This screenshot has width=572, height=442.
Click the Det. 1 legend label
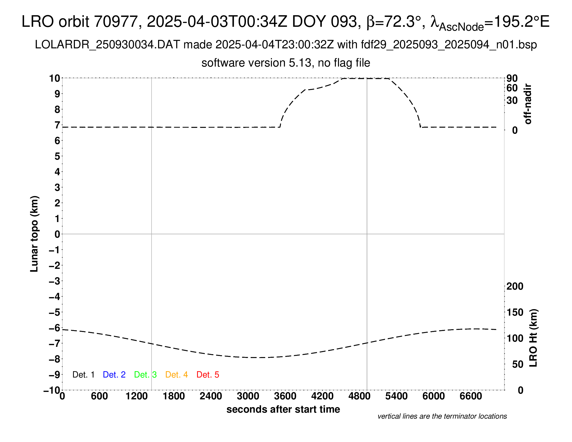pos(83,375)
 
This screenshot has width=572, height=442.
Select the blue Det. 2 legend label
pos(114,375)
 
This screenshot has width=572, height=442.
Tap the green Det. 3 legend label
pos(145,375)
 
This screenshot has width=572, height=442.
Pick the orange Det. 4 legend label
pos(177,375)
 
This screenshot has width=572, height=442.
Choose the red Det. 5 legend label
pos(208,375)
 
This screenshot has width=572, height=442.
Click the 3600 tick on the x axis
pos(285,396)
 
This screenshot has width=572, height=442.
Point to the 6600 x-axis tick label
pos(471,396)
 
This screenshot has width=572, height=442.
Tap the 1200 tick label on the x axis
pos(136,396)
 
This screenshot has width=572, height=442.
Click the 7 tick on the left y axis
pos(57,125)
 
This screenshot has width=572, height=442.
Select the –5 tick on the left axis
pos(54,312)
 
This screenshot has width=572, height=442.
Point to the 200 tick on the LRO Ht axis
pos(515,287)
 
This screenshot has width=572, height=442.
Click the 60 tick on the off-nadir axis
pos(512,88)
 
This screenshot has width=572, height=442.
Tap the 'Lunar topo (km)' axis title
pos(34,234)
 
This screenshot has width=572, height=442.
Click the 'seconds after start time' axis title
pos(283,409)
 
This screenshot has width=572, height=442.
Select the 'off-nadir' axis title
pos(528,104)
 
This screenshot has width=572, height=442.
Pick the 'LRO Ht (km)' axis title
pos(534,338)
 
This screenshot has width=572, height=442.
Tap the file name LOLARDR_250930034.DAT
pos(107,45)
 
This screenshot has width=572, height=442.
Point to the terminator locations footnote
pos(442,416)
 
